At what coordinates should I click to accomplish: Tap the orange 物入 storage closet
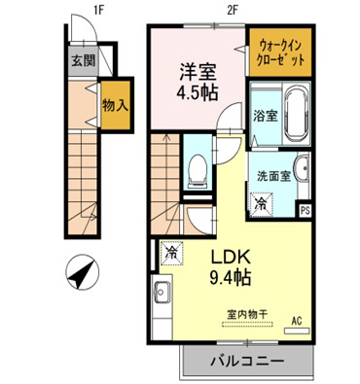point(116,105)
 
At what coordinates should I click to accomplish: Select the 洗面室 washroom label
point(273,178)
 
